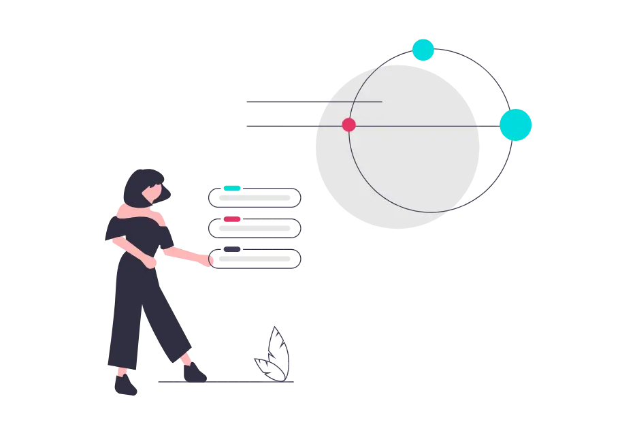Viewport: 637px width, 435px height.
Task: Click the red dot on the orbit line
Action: tap(348, 125)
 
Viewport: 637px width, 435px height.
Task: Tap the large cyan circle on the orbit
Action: tap(516, 125)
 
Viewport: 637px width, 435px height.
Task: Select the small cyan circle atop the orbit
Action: tap(423, 50)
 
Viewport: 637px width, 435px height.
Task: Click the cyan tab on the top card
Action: tap(232, 189)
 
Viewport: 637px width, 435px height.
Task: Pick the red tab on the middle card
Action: tap(232, 219)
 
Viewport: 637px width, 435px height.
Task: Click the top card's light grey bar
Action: tap(256, 197)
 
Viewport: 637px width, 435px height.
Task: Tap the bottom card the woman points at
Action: tap(257, 259)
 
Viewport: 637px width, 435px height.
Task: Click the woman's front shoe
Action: tap(193, 372)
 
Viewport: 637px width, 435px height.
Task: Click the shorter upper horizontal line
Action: tap(313, 101)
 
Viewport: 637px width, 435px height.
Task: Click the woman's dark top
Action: tap(136, 235)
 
